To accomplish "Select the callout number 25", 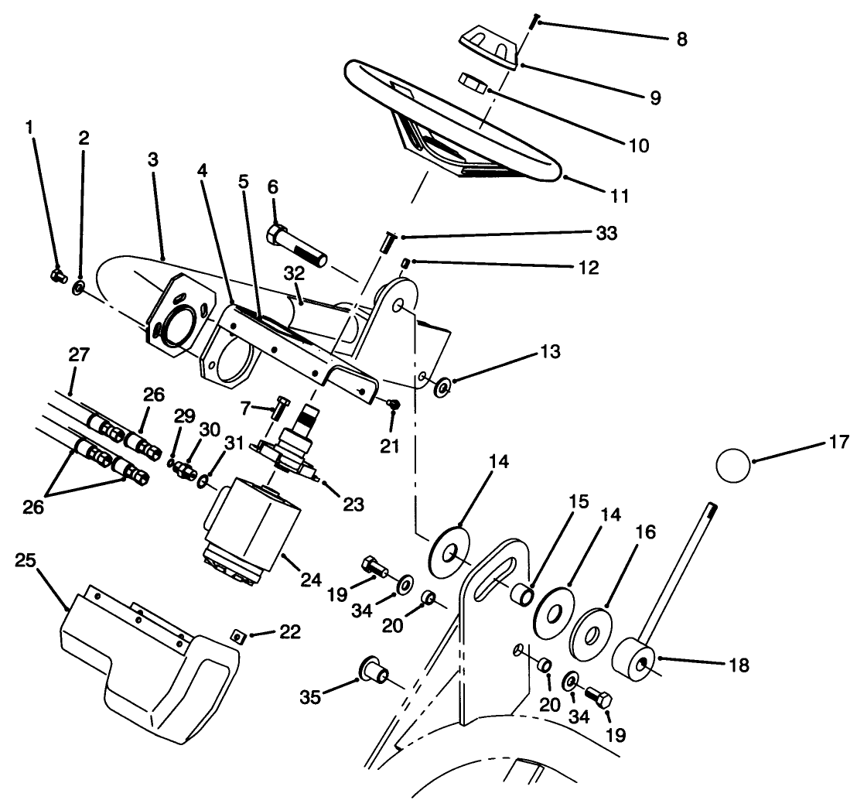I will tap(25, 559).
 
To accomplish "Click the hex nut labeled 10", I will tap(472, 81).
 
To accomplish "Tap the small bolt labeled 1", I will tap(56, 274).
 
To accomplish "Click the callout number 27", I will tap(79, 354).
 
